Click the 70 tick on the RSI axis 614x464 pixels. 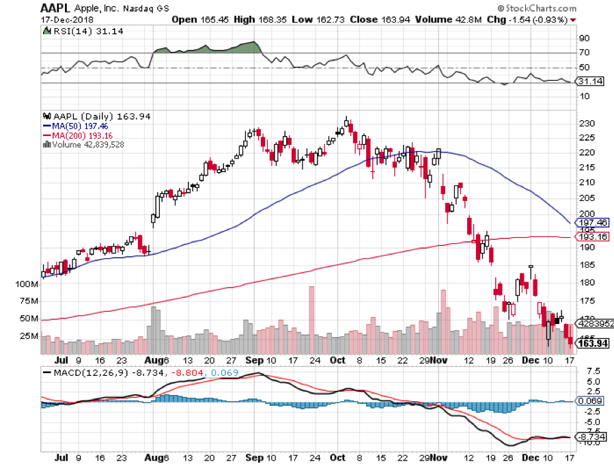[x=584, y=53]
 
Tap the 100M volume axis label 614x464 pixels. [x=25, y=283]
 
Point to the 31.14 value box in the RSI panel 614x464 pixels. [x=591, y=82]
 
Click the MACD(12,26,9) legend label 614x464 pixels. [x=80, y=373]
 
